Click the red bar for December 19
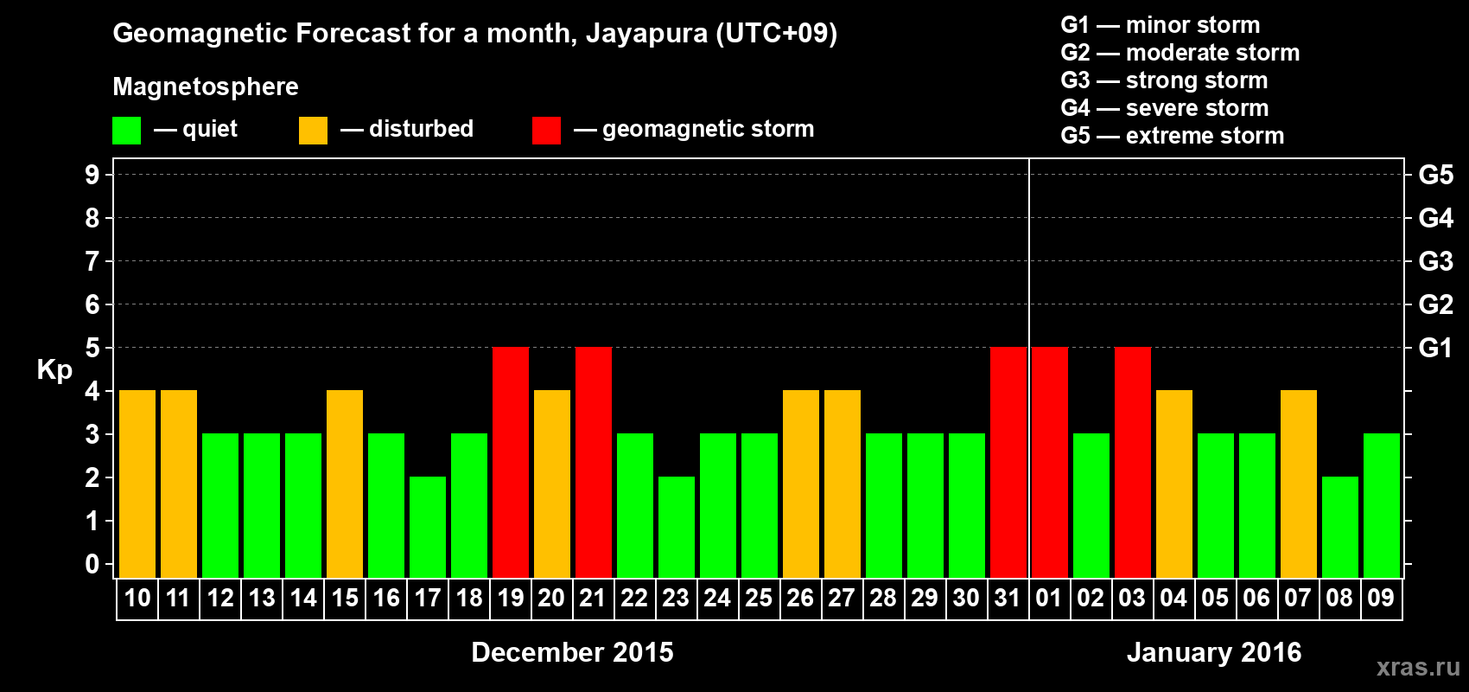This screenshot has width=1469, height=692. pos(511,462)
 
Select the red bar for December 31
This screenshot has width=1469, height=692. pos(1008,462)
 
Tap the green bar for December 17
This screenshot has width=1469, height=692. pos(428,527)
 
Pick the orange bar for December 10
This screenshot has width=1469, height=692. pos(137,484)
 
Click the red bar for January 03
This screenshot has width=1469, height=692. pos(1133,462)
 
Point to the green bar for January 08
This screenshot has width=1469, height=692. pos(1340,527)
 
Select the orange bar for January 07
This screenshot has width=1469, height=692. pos(1299,484)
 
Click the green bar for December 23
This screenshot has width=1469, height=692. pos(677,527)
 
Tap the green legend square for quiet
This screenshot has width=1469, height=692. pos(127,131)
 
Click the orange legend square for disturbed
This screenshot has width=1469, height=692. pos(313,131)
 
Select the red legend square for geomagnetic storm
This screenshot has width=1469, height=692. pos(546,131)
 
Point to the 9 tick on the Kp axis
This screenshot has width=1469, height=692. pos(92,175)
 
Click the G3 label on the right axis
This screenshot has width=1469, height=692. pos(1435,261)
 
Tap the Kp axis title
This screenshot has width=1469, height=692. pos(54,370)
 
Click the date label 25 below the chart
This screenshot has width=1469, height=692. pos(759,598)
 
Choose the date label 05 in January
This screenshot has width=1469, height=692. pos(1215,598)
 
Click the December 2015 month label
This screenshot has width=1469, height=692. pos(572,652)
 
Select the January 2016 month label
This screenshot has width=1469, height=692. pos(1214,652)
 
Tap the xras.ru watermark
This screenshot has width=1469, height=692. pos(1418,667)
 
